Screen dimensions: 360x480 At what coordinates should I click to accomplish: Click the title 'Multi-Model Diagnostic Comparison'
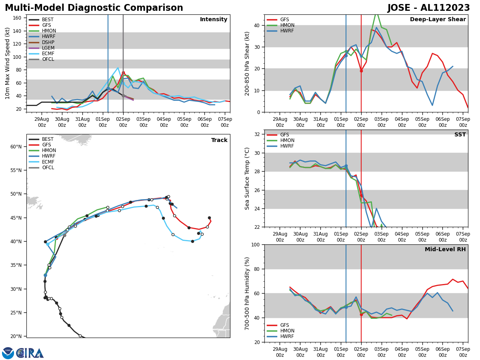(x=94, y=8)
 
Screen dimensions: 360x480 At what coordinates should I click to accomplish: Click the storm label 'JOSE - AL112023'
(x=428, y=8)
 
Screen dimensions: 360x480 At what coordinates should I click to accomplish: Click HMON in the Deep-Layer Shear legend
(x=286, y=25)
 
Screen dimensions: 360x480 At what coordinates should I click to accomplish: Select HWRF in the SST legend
(x=286, y=146)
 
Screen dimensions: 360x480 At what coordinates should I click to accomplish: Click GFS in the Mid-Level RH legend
(x=284, y=325)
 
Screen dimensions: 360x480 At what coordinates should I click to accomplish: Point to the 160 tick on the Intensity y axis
(x=19, y=18)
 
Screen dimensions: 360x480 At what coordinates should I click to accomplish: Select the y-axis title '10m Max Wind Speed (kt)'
(x=8, y=63)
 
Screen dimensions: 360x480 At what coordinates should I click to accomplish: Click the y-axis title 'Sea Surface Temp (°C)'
(x=248, y=178)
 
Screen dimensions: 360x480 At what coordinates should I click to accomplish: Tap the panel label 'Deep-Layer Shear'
(x=438, y=20)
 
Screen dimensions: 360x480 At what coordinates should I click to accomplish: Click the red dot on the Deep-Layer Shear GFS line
(x=361, y=71)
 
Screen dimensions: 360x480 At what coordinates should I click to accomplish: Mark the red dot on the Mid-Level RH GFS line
(x=361, y=315)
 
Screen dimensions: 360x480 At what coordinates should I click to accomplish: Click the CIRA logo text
(x=30, y=353)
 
